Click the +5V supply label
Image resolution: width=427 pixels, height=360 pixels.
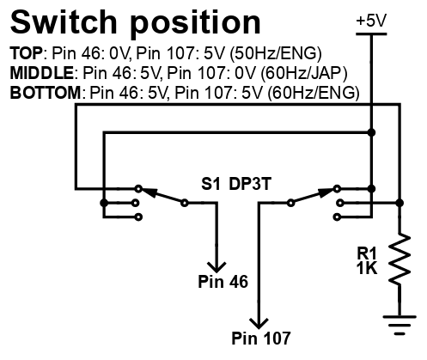tap(371, 21)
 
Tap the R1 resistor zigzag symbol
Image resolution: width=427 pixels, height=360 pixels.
tap(400, 259)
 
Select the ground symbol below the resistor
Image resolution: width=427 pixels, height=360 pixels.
tap(400, 325)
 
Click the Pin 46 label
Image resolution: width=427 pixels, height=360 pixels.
tap(223, 282)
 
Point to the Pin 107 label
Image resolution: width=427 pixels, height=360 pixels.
tap(260, 338)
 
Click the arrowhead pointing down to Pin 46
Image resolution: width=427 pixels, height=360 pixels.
tap(217, 267)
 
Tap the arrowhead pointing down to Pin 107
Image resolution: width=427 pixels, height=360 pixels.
tap(259, 324)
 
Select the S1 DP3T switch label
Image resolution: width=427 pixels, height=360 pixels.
tap(235, 184)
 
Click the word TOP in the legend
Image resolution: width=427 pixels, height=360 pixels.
tap(26, 53)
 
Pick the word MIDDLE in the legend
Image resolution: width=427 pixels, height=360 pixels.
tap(42, 73)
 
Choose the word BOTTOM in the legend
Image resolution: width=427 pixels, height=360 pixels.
tap(46, 93)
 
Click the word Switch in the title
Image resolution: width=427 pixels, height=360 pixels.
tap(64, 22)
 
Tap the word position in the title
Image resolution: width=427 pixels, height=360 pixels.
tap(196, 24)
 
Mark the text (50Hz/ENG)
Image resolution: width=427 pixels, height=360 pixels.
tap(276, 53)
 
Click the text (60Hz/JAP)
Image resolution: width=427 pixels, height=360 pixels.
tap(304, 73)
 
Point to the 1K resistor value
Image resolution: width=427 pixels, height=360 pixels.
tap(367, 268)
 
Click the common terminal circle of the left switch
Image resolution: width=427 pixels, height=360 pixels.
tap(185, 203)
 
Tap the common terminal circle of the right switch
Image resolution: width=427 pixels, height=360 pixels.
tap(290, 203)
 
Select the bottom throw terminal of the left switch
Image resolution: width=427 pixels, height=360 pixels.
tap(138, 217)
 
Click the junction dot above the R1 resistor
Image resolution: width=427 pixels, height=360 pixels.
tap(400, 203)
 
